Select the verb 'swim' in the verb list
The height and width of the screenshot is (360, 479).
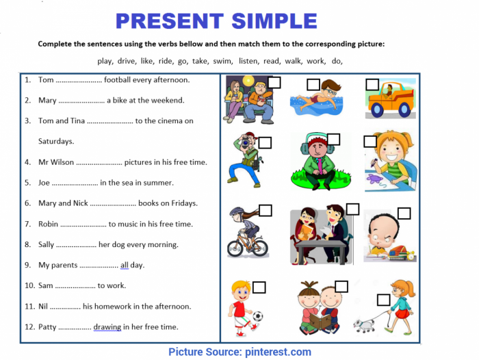point(222,61)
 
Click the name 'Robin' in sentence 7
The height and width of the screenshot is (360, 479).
point(48,224)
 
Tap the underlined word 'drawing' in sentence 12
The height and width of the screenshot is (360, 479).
point(107,327)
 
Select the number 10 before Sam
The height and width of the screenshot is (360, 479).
point(29,285)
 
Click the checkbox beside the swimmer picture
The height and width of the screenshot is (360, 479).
point(313,85)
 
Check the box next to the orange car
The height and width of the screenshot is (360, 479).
point(372,84)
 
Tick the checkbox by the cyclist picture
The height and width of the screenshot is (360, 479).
point(266,210)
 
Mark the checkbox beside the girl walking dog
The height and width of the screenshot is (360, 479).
point(383,300)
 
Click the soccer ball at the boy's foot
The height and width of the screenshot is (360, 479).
point(257,316)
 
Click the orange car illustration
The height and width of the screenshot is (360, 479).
point(391,101)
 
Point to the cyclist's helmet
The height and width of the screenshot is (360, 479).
point(237,212)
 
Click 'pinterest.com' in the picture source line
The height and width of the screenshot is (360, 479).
point(277,352)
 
